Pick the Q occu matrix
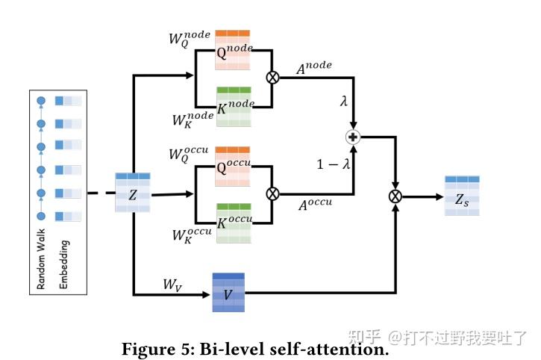[x=233, y=166]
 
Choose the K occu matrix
[x=233, y=222]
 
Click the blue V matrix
[x=228, y=293]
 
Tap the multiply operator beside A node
[x=272, y=78]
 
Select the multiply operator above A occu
[x=272, y=193]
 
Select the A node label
[x=314, y=67]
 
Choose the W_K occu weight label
[x=192, y=235]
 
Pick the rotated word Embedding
[x=64, y=264]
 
